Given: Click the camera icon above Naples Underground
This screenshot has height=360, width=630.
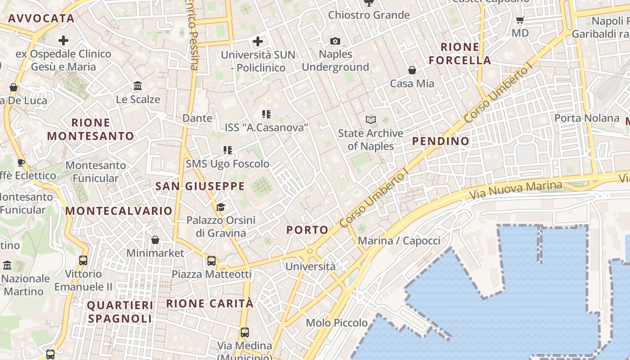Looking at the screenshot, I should [x=335, y=41].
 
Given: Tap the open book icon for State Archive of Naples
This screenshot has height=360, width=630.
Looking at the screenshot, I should [x=371, y=120].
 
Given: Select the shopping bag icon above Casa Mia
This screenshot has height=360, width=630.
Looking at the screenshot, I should [x=412, y=70].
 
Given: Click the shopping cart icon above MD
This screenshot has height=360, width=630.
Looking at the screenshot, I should [x=520, y=20].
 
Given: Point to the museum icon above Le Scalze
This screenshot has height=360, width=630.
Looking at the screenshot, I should [x=138, y=85].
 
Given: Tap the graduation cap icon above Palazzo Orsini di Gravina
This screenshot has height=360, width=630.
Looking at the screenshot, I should [x=220, y=207].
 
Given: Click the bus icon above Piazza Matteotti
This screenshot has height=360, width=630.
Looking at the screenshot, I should [x=211, y=261].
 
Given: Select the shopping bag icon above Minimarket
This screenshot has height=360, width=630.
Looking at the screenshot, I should [x=155, y=240].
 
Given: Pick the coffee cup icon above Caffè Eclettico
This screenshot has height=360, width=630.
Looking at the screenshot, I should [x=21, y=162].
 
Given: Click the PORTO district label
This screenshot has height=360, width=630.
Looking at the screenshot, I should [x=308, y=230].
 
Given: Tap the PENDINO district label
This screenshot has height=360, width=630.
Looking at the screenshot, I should [x=441, y=141].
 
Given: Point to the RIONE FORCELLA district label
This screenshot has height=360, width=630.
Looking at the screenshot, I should [x=459, y=54].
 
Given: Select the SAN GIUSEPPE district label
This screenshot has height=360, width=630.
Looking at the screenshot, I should [x=200, y=186].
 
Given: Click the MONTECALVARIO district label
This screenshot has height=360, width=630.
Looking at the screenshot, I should [x=119, y=211].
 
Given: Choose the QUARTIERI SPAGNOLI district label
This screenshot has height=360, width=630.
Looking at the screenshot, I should [x=120, y=312].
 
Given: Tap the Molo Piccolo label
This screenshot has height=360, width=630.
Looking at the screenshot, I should [x=337, y=323].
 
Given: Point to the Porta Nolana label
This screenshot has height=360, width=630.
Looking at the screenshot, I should [x=587, y=118].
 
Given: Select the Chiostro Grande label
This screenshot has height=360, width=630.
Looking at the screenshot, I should [x=369, y=15].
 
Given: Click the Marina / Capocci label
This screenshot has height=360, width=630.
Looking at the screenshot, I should [x=399, y=241].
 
